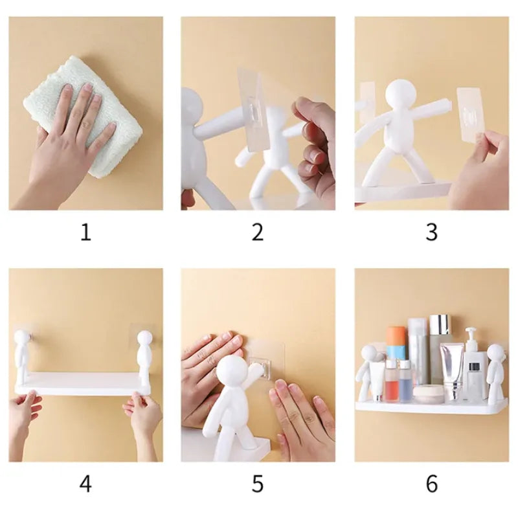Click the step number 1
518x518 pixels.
(x=85, y=232)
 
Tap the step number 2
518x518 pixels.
(x=258, y=232)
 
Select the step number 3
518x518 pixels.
(x=431, y=232)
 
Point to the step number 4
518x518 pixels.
(x=85, y=483)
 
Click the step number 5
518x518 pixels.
(x=258, y=483)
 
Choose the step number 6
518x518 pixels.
(x=431, y=483)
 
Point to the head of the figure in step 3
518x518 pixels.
(x=406, y=93)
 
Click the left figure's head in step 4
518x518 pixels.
(x=21, y=338)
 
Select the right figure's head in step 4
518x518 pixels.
(x=144, y=339)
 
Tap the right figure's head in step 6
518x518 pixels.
(x=495, y=353)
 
